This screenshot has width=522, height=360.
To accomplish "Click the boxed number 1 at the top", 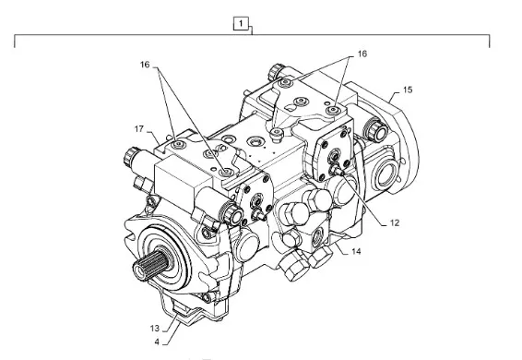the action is point(241,24).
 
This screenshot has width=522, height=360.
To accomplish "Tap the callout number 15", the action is point(408,90).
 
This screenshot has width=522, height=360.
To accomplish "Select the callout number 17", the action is point(139,128).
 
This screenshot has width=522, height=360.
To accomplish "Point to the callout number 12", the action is point(395,222).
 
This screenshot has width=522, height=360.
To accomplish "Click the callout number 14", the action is point(356,251).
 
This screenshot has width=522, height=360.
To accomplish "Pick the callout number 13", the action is point(155,329).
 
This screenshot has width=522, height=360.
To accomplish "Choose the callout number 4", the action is point(157,342).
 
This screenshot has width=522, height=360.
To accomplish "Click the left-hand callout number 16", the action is point(145,65).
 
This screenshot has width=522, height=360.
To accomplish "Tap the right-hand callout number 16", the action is point(362,54).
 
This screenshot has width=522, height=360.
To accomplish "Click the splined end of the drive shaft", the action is point(149,265).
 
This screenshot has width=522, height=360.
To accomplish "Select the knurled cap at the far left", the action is point(130,156).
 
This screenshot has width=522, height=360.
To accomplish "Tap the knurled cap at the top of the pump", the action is point(276,71).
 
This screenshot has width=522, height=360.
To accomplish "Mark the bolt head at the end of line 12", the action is point(334,171).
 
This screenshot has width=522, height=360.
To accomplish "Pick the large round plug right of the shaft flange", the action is point(246,246).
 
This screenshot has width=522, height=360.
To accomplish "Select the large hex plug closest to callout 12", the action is point(319,199).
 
